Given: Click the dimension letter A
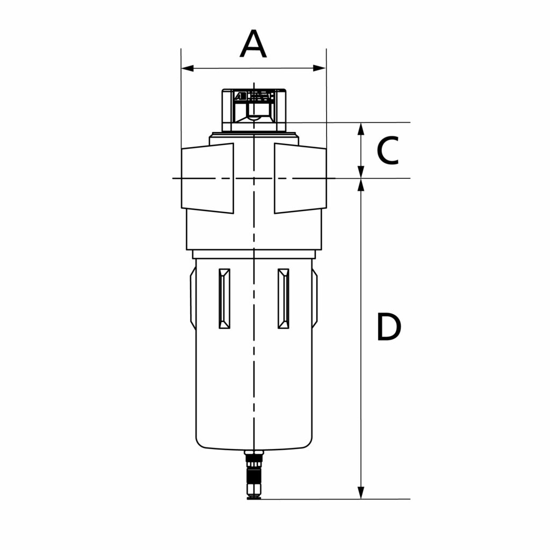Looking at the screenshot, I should tap(253, 45).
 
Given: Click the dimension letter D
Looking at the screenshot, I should tap(388, 327).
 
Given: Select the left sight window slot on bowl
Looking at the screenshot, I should tap(225, 298).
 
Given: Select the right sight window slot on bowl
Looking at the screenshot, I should tap(283, 298).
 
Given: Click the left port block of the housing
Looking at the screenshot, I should tap(208, 178).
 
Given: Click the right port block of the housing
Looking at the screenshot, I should tap(300, 178).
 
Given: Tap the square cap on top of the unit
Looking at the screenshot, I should tap(254, 110).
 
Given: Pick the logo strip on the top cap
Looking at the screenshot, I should tap(254, 97).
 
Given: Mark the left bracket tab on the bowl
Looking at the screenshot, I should tap(192, 299).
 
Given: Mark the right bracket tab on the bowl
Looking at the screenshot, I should tap(315, 299).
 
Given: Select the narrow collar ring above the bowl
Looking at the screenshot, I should tap(253, 254).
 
